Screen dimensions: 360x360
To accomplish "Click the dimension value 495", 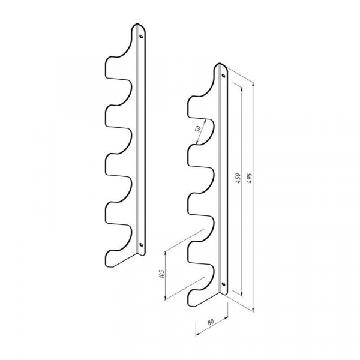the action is point(250,178).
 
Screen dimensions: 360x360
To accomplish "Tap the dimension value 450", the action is point(238,178).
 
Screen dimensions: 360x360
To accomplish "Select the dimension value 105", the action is point(162,274).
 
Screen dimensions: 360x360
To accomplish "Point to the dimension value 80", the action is point(211,322).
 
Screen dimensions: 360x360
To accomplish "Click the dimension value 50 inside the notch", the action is point(197,129).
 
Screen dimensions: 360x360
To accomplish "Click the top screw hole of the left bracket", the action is point(141,36).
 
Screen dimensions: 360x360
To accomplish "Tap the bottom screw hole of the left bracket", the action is point(141,245).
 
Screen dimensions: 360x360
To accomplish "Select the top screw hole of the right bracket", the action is point(223,76).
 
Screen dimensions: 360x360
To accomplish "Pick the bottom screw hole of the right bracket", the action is point(223,284).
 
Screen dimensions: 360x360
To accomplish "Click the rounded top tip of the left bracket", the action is point(137,24).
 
